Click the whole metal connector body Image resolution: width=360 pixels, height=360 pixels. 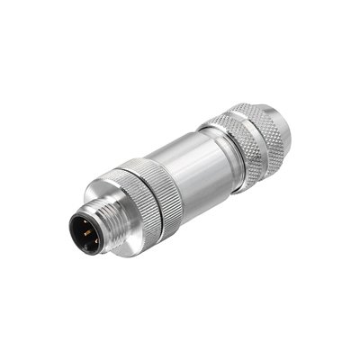click(193, 171)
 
